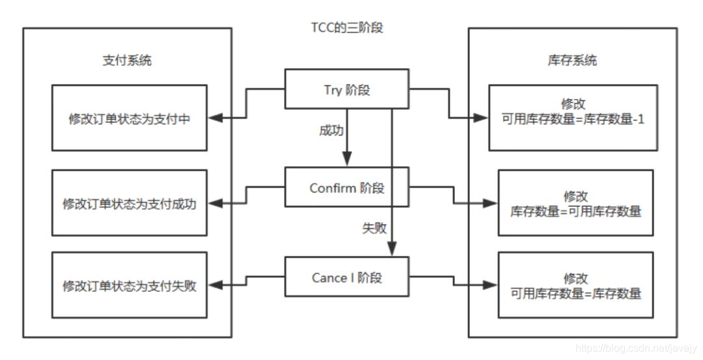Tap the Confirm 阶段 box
347,188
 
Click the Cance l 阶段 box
347,278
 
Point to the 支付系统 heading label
128,61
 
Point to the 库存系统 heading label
573,61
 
